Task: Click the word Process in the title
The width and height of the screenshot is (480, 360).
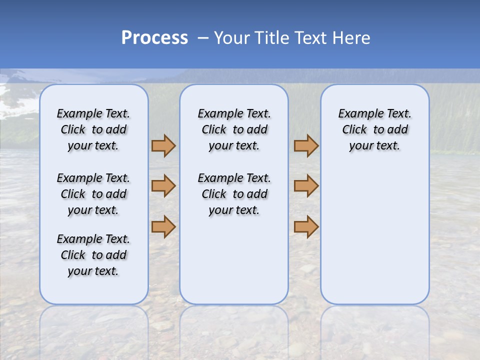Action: pos(154,38)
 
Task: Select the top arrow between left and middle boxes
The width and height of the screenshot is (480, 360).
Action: pos(163,146)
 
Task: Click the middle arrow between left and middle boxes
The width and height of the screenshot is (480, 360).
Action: pos(163,186)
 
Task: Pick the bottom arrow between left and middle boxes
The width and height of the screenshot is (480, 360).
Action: pos(163,227)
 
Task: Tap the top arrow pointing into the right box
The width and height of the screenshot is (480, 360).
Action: pos(306,146)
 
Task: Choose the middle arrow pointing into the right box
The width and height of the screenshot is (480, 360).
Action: pos(306,186)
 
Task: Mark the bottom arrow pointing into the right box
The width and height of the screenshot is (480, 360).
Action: pos(306,227)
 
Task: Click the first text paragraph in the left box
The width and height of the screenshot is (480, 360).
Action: pos(93,129)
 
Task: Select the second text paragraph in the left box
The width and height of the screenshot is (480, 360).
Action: pos(93,194)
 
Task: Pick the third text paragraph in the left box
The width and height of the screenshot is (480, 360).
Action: pos(93,255)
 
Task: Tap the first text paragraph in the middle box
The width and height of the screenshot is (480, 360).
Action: pos(234,129)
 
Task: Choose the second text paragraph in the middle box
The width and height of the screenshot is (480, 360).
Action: pos(234,194)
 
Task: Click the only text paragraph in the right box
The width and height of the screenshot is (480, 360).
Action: pos(375,129)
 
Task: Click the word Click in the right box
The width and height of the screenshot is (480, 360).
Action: pos(354,130)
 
